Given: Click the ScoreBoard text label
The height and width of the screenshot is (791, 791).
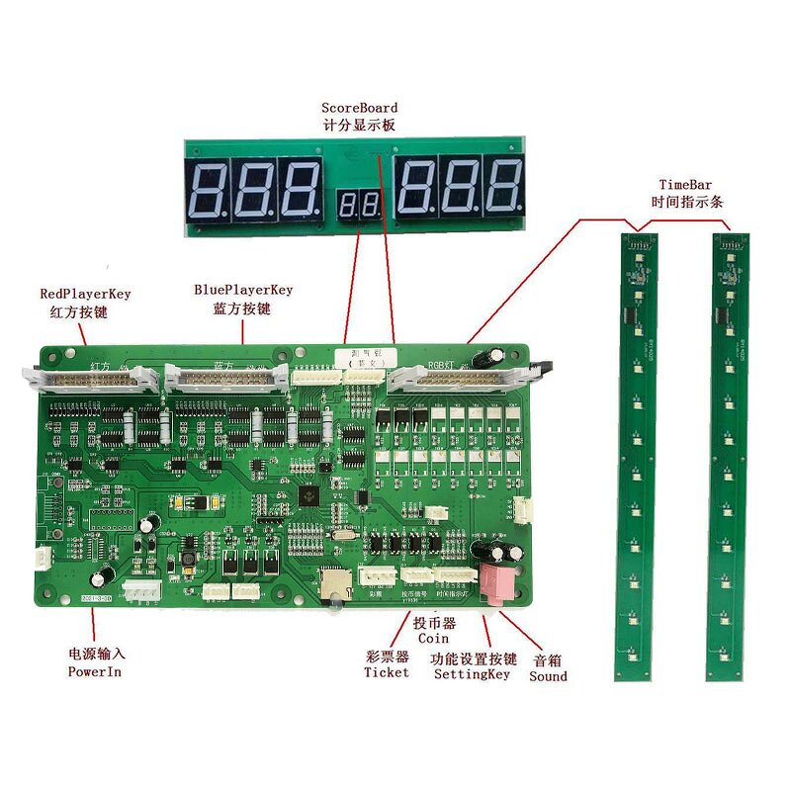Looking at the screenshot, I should tap(360, 108).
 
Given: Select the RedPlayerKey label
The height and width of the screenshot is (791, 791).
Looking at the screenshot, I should tap(85, 294).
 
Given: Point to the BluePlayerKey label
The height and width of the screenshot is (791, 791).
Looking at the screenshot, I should tap(243, 291).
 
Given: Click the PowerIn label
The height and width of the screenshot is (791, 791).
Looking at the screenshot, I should tap(97, 672).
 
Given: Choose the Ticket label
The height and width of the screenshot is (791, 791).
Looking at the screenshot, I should tap(386, 672).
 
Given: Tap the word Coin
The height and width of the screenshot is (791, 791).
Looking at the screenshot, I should tap(433, 639).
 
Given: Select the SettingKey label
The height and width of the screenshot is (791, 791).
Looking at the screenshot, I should tap(472, 674).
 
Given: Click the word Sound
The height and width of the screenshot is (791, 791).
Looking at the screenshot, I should tap(548, 676).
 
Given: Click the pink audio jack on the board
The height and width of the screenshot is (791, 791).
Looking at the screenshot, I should tap(493, 584).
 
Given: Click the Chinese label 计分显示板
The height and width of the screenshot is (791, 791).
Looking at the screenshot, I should tap(360, 126).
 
